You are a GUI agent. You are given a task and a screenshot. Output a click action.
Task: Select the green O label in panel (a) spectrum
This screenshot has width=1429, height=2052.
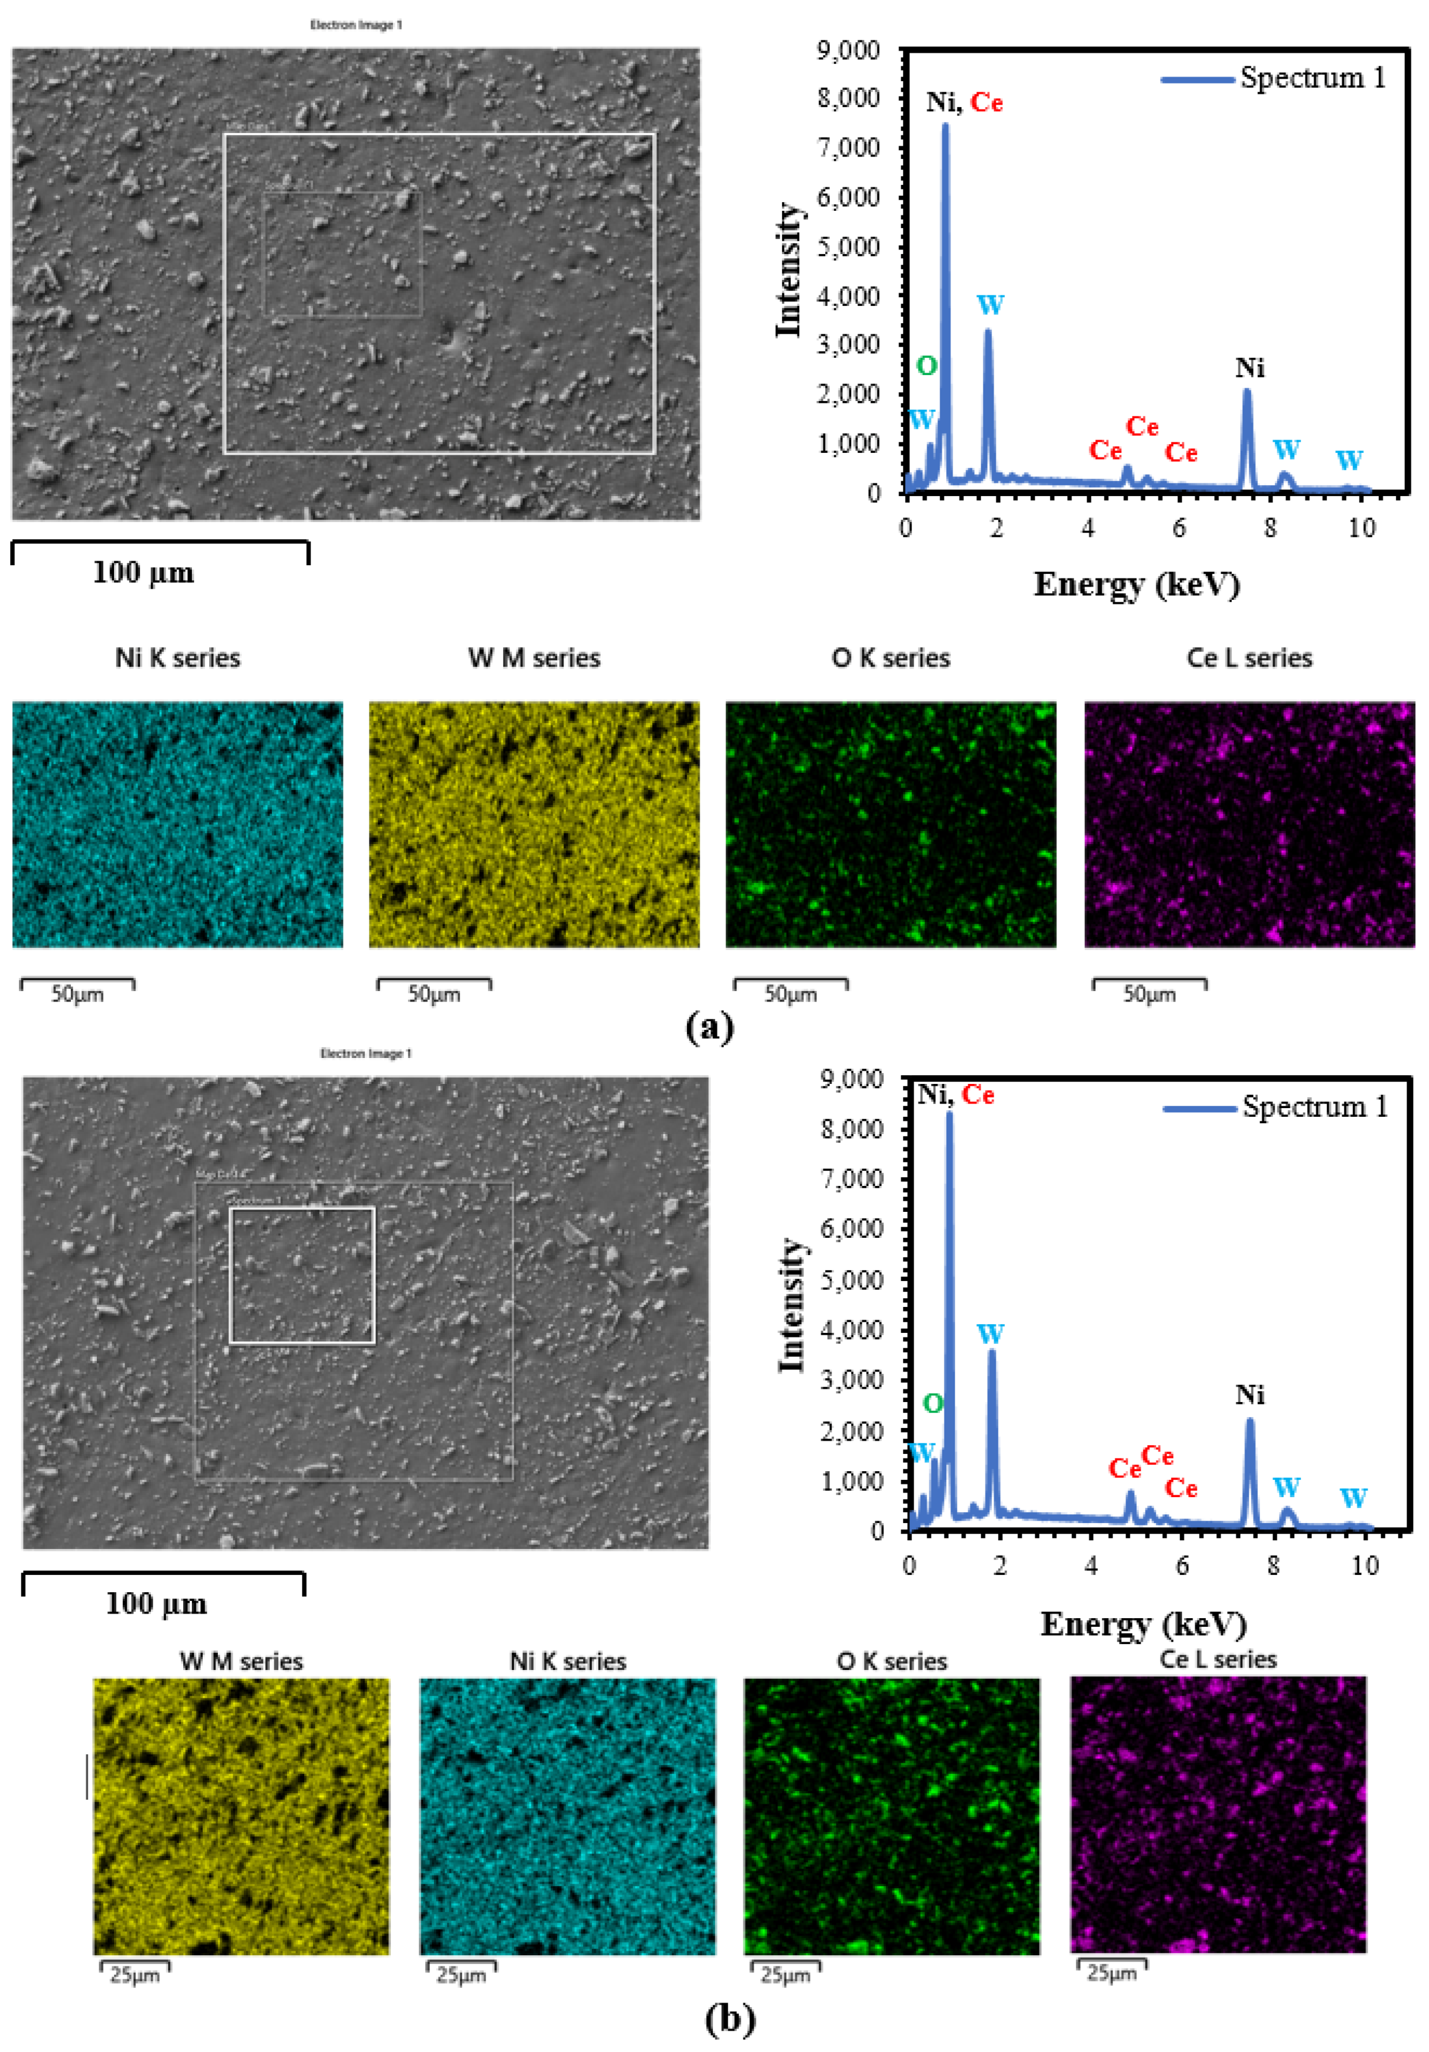927,365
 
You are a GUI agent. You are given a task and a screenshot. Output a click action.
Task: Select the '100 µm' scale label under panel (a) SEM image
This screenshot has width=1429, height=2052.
143,572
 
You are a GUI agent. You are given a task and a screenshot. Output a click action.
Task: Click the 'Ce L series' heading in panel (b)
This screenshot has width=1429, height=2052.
1218,1660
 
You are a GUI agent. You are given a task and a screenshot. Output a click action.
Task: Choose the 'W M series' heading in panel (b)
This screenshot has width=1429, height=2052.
241,1661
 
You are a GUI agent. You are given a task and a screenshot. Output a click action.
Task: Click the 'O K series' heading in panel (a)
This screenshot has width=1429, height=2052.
891,658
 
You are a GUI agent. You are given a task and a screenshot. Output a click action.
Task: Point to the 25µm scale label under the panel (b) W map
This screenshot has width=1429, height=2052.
135,1975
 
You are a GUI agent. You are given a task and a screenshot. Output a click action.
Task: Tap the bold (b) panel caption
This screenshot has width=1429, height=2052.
730,2018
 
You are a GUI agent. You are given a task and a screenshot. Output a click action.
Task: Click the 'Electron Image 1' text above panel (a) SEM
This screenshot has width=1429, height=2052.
356,25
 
